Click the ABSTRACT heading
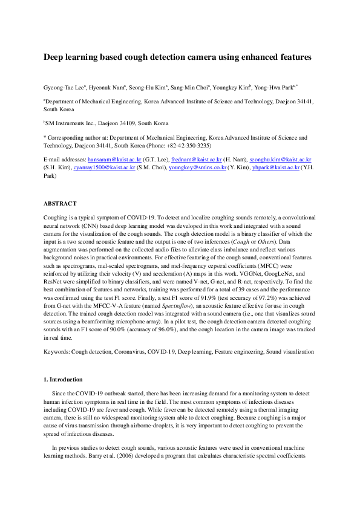pyautogui.click(x=59, y=204)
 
